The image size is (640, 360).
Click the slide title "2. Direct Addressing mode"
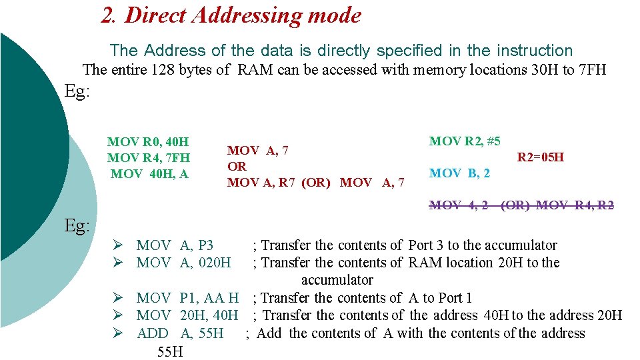click(x=231, y=15)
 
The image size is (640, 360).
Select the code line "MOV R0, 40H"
click(x=148, y=142)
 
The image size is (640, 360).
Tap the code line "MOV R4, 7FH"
click(x=148, y=158)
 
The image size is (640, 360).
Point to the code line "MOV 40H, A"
click(x=149, y=173)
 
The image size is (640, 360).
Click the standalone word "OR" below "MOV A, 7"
click(x=237, y=167)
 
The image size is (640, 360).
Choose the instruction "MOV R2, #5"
click(x=465, y=141)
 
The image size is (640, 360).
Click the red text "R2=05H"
click(x=541, y=157)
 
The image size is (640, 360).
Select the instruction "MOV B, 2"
click(x=459, y=173)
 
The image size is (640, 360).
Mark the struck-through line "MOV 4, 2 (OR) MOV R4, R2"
click(x=521, y=205)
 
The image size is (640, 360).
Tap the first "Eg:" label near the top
click(x=77, y=91)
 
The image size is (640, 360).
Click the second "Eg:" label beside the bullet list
click(x=77, y=226)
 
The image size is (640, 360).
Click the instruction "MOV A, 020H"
click(x=183, y=263)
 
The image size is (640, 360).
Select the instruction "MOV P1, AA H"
click(x=187, y=298)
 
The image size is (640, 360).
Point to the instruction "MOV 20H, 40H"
click(x=187, y=315)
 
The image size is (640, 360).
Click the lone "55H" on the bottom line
click(x=170, y=351)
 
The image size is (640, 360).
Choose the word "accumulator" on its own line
click(x=337, y=280)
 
